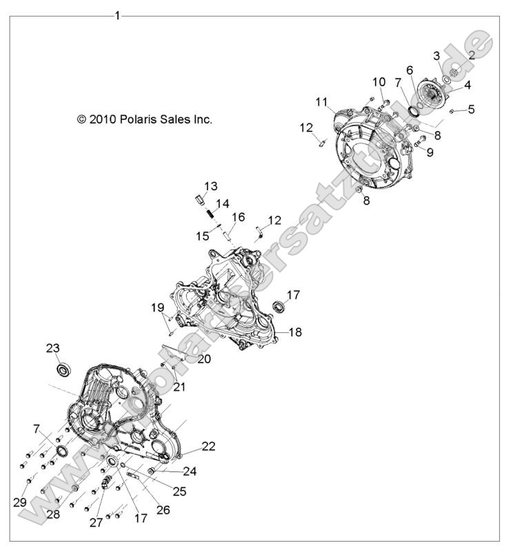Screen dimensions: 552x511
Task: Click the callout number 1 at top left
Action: [117, 15]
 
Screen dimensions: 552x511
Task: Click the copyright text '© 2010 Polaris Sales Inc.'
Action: [144, 119]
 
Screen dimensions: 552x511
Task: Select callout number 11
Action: [321, 102]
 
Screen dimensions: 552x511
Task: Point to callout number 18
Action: [295, 331]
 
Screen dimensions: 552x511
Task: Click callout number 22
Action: [208, 447]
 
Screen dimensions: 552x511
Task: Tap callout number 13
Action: [210, 186]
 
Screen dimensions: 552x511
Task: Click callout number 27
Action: [96, 522]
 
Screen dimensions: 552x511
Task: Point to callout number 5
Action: [471, 109]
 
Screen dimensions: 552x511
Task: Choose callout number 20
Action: [203, 359]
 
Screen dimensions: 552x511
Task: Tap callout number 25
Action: [179, 492]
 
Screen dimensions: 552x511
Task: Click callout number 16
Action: [238, 217]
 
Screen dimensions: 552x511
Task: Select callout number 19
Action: [157, 307]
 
